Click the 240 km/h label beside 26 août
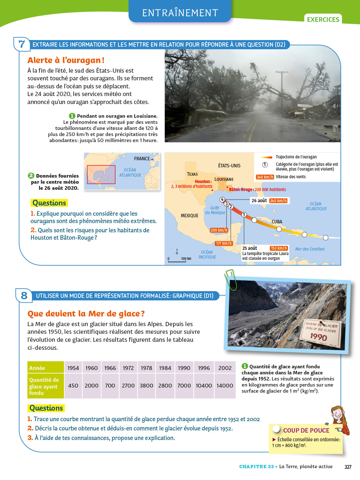coord(278,201)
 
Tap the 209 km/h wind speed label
coord(219,230)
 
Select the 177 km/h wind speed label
coord(223,244)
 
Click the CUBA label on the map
coord(277,222)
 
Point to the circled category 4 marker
coord(222,200)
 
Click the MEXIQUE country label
coord(189,216)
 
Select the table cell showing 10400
coord(204,386)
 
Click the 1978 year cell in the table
coord(146,368)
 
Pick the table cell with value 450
coord(73,386)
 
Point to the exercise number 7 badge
coord(22,44)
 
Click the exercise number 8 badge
coord(24,295)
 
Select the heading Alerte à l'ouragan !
coord(66,60)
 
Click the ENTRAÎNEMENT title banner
coord(180,13)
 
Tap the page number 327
coord(348,467)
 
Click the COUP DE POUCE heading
coord(306,430)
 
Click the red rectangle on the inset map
coord(101,174)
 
